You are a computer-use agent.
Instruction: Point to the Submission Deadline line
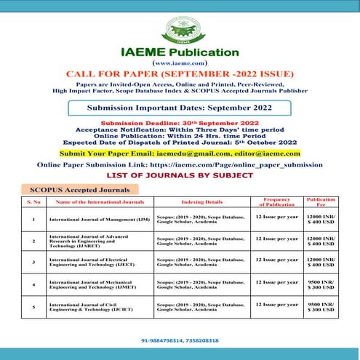pos(180,123)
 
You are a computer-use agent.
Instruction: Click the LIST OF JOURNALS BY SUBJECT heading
pos(180,176)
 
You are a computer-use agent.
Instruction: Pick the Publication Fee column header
pos(321,201)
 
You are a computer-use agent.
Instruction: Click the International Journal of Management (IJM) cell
pos(99,219)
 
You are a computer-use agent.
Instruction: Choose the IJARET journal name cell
pos(99,240)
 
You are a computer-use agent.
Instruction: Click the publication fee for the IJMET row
pos(321,284)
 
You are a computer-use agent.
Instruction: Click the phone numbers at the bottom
pos(180,340)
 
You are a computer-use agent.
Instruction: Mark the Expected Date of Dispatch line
pos(180,143)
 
